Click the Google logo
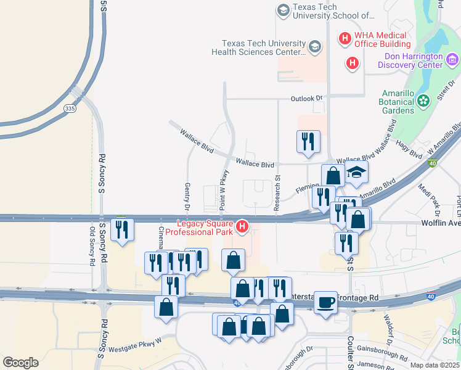(x=20, y=363)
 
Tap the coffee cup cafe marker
(x=325, y=303)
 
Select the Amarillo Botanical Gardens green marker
(x=423, y=100)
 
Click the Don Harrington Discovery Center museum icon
(x=452, y=59)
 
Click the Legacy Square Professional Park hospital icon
(x=242, y=227)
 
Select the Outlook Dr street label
(x=306, y=99)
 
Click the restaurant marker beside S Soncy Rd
(x=122, y=230)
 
